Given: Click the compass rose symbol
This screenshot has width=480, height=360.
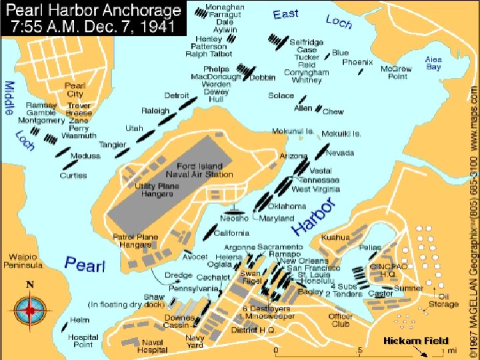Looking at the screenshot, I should click(x=29, y=309).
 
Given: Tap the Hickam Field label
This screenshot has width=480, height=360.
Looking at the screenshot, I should click(x=415, y=341).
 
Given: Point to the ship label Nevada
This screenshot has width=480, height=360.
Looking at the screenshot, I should click(x=340, y=153).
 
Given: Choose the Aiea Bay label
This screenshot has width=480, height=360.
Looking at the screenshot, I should click(x=433, y=63).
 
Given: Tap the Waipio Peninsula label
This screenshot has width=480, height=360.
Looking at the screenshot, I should click(x=26, y=261).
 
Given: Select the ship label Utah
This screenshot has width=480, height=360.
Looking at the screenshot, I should click(x=134, y=128).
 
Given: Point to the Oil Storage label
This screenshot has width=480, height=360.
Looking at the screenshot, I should click(x=443, y=300).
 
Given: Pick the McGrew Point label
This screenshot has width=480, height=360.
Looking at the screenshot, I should click(x=393, y=72).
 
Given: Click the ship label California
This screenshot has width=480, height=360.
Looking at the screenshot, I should click(x=232, y=233).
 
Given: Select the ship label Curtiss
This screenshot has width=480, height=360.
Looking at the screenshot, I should click(x=73, y=176).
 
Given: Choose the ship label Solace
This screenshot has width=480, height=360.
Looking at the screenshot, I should click(x=281, y=95).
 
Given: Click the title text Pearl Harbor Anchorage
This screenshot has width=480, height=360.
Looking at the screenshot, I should click(x=93, y=11).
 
